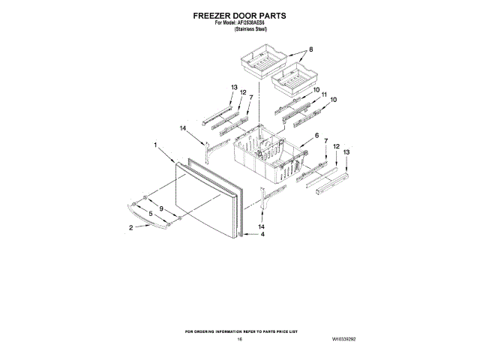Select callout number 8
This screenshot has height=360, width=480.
click(310, 50)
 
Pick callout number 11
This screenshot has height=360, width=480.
click(324, 94)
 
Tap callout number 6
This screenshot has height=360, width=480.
click(316, 136)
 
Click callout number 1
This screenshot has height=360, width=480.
click(154, 145)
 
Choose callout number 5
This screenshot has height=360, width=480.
click(149, 215)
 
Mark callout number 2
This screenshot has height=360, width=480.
click(131, 228)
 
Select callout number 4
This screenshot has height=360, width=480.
click(262, 235)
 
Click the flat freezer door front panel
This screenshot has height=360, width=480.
click(202, 199)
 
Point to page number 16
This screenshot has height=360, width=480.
click(239, 340)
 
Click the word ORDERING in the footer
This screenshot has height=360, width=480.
click(211, 330)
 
